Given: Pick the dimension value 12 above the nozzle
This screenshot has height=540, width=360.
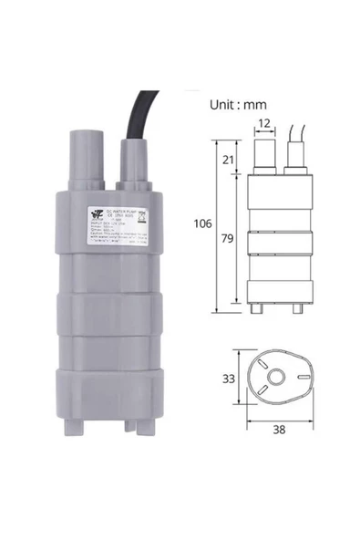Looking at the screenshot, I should [263, 123].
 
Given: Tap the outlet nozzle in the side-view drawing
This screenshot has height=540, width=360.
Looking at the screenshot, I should [263, 154].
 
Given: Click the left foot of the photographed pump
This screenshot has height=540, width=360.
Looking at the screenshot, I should [86, 419].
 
